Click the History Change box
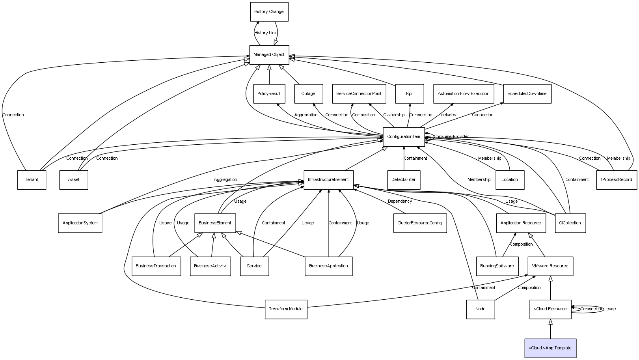point(269,12)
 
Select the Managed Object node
point(269,55)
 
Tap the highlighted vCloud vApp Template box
point(550,348)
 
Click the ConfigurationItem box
point(404,137)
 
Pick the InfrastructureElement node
point(329,180)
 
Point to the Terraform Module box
point(286,309)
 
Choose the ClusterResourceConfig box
point(420,223)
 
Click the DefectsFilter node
point(404,180)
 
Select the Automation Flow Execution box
point(464,94)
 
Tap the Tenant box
point(32,180)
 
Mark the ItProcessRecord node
point(617,180)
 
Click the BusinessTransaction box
point(156,266)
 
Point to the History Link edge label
point(265,33)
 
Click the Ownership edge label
point(394,115)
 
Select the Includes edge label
point(448,115)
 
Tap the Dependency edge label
point(400,201)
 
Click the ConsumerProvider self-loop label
point(451,137)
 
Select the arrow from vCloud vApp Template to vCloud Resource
point(551,329)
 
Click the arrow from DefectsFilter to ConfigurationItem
point(404,159)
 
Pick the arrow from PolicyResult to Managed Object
point(269,75)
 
